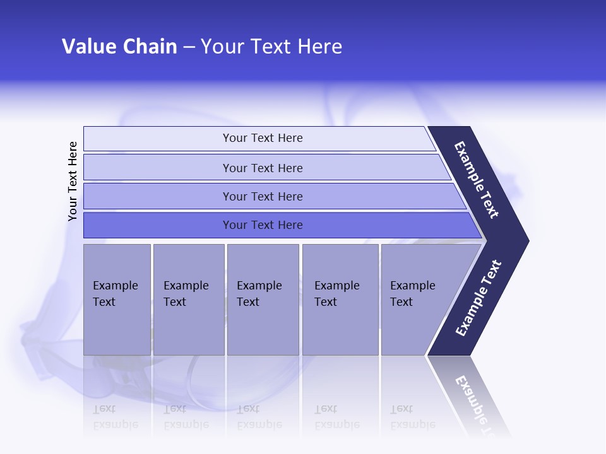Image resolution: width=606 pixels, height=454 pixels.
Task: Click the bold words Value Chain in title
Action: coord(119,47)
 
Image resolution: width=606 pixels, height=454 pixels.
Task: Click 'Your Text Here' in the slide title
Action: coord(271,47)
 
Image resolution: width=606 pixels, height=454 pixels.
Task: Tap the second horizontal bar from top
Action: coord(263,168)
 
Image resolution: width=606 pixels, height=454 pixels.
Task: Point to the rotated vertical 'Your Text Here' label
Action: coord(73,181)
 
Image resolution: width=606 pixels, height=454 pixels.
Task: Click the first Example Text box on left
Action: coord(117,299)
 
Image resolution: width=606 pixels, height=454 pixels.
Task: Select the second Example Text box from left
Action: coord(188,299)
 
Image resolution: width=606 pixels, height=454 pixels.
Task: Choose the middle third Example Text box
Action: coord(263,299)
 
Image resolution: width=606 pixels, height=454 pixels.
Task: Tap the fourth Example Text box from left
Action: coord(340,299)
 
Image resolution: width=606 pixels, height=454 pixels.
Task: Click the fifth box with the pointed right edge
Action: coord(417,299)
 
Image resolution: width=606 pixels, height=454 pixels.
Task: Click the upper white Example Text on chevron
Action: coord(477,180)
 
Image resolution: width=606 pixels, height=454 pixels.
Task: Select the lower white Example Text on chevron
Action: coord(478,298)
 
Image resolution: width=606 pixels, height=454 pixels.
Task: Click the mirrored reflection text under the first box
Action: coord(115,417)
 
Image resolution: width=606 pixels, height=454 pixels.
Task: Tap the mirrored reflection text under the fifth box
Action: coord(412,417)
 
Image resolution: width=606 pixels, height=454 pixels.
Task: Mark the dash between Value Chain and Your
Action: coord(189,47)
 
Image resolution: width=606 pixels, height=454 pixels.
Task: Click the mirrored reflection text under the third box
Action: coord(259,417)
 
